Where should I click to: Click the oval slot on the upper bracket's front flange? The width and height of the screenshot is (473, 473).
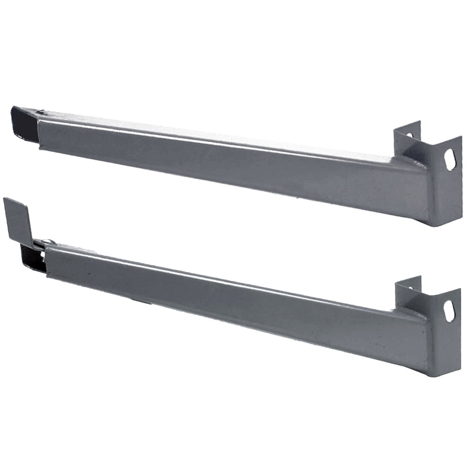click(x=450, y=160)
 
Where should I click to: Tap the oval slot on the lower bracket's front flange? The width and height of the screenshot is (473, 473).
click(x=449, y=311)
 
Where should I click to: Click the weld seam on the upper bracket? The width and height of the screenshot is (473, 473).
click(x=416, y=163)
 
